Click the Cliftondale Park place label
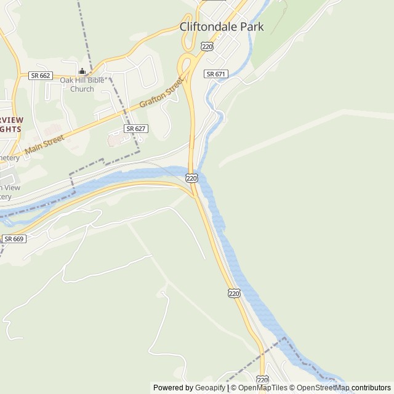(222, 26)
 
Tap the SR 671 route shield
(216, 74)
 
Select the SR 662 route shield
(41, 76)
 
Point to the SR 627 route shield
(135, 129)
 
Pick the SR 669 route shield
(14, 238)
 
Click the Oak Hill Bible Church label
(81, 84)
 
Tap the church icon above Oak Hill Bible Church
(82, 71)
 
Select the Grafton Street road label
(161, 92)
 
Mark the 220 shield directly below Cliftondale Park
(207, 46)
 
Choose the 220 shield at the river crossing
(191, 178)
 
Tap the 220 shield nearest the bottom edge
(263, 379)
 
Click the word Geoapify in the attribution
(211, 388)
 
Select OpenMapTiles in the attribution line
(263, 388)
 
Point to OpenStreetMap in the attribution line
(323, 388)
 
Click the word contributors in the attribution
(371, 388)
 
